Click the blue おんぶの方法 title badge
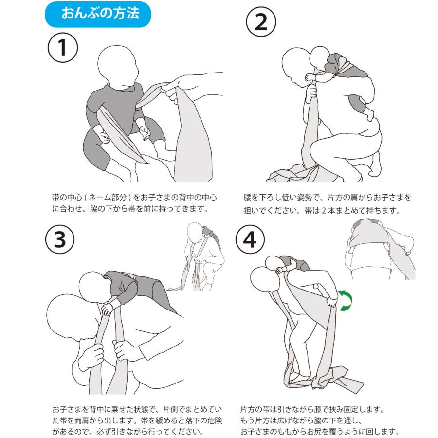pyautogui.click(x=98, y=14)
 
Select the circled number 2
pyautogui.click(x=261, y=22)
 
